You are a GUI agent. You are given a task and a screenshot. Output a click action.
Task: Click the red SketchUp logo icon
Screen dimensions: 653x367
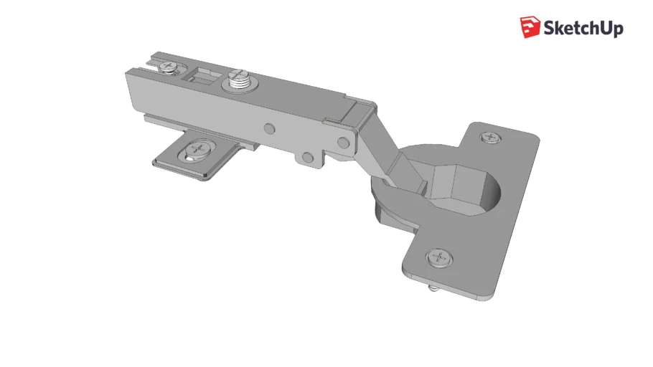(x=530, y=27)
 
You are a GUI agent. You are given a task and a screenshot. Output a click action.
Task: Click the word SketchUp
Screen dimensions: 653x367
(x=583, y=28)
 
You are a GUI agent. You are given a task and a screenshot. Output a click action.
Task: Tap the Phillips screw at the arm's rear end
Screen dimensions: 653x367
(x=169, y=66)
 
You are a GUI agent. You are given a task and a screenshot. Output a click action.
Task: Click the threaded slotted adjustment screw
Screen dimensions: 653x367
(x=240, y=80)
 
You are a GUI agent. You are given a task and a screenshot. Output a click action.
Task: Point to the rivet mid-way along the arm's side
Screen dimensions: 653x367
(x=270, y=128)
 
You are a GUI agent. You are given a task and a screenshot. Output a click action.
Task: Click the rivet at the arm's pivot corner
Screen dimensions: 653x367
(x=344, y=143)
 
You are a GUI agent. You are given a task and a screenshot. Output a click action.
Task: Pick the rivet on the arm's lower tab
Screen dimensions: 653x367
(x=308, y=157)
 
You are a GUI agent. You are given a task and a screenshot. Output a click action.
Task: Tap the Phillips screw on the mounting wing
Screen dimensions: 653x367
(x=199, y=148)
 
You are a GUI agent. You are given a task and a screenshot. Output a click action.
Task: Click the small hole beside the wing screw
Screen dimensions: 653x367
(x=189, y=158)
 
